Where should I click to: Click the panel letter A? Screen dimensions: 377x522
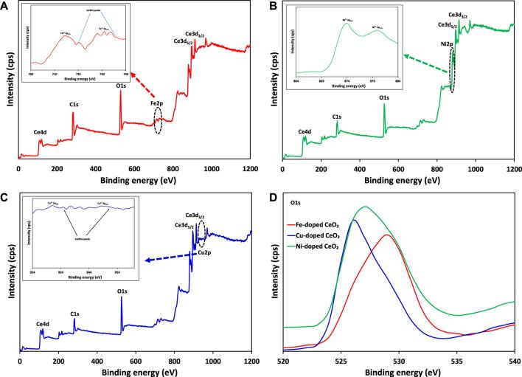point(6,6)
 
